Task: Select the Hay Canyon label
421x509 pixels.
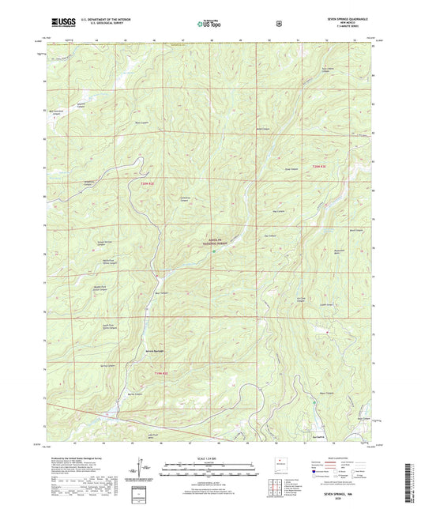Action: coord(277,211)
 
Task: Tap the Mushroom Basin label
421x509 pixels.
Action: coord(341,252)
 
